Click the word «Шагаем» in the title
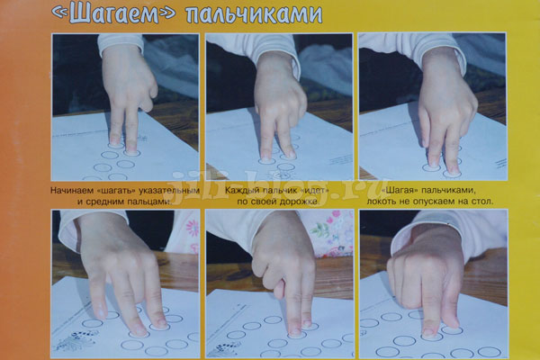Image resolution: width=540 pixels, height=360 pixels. [x=113, y=13]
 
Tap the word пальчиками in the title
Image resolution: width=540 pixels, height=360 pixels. [x=254, y=14]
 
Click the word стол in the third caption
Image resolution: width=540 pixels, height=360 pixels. [x=482, y=202]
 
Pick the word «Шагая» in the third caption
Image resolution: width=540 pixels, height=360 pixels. [x=400, y=190]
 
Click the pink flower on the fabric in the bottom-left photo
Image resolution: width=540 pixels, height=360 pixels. [x=193, y=228]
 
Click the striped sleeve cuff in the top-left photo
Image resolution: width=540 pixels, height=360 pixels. [x=121, y=43]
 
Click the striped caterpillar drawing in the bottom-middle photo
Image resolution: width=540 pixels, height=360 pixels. [x=227, y=347]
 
